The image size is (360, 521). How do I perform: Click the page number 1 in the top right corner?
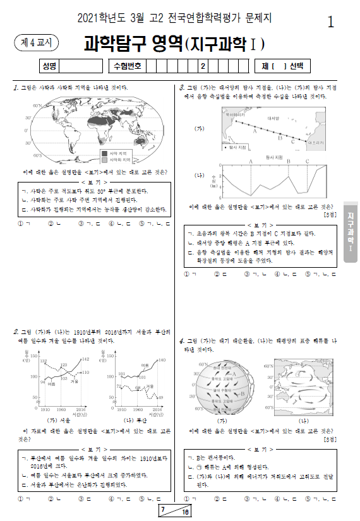(x=331, y=22)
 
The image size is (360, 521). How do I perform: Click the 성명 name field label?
(x=49, y=66)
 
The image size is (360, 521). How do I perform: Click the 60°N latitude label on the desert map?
(x=37, y=105)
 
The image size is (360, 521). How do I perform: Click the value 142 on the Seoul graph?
(x=87, y=359)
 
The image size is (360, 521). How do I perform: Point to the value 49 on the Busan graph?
(x=160, y=397)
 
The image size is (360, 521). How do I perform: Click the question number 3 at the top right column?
(x=182, y=87)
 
